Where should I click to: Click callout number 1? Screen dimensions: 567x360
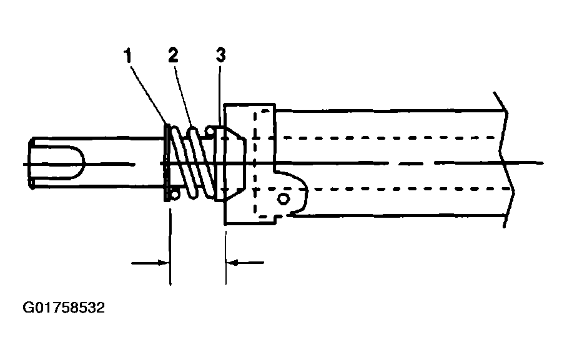point(127,56)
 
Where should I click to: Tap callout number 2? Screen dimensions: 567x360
point(173,56)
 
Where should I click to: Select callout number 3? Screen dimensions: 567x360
point(220,56)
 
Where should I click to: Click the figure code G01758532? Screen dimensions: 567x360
point(64,308)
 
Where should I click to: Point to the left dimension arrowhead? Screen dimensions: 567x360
point(164,263)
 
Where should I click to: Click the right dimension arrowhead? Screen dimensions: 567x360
point(232,263)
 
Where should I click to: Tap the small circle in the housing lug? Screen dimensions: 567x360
point(283,199)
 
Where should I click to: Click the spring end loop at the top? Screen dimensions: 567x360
point(210,130)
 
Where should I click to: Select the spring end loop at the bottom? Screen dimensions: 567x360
point(175,195)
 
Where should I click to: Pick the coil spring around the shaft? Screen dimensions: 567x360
point(192,163)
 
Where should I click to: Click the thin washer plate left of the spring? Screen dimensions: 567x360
point(167,163)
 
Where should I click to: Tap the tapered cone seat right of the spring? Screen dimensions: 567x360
point(230,163)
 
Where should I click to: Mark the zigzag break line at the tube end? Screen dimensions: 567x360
point(505,159)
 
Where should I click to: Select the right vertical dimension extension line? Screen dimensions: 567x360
point(225,255)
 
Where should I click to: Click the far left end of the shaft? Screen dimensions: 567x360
point(31,163)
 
